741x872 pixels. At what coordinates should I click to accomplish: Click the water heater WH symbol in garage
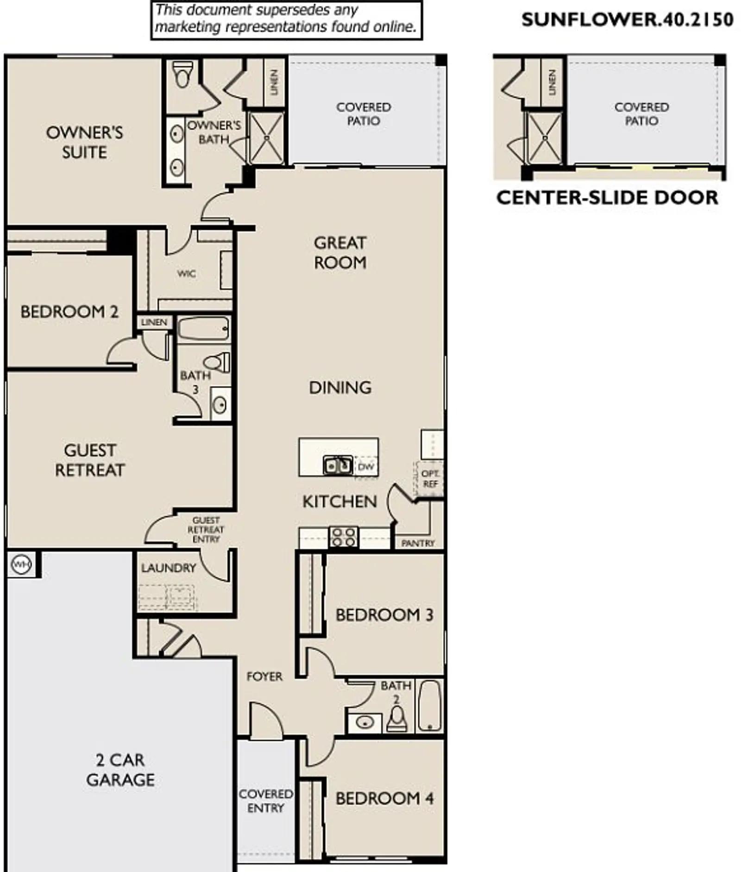pyautogui.click(x=20, y=565)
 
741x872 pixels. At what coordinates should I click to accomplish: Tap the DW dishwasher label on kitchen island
pyautogui.click(x=365, y=467)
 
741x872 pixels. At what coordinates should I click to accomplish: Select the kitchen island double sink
pyautogui.click(x=338, y=465)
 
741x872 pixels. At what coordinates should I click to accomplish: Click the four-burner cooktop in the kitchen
pyautogui.click(x=343, y=537)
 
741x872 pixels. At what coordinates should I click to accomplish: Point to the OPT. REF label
pyautogui.click(x=430, y=479)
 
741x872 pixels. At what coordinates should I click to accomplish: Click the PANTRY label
pyautogui.click(x=418, y=543)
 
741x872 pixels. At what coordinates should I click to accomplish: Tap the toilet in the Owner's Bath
pyautogui.click(x=183, y=74)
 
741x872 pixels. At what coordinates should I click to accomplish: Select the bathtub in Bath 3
pyautogui.click(x=203, y=329)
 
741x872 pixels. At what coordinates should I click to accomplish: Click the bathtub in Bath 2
pyautogui.click(x=430, y=705)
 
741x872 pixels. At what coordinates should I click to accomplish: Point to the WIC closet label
pyautogui.click(x=186, y=274)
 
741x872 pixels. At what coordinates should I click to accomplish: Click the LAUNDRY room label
pyautogui.click(x=169, y=568)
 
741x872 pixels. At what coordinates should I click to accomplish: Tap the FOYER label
pyautogui.click(x=264, y=677)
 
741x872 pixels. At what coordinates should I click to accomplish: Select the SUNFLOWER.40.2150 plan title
pyautogui.click(x=627, y=19)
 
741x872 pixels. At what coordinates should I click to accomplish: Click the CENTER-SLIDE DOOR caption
pyautogui.click(x=607, y=198)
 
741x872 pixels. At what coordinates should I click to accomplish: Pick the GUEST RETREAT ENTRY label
pyautogui.click(x=206, y=530)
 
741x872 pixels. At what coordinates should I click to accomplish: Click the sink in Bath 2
pyautogui.click(x=364, y=722)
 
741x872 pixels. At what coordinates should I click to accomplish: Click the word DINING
pyautogui.click(x=340, y=388)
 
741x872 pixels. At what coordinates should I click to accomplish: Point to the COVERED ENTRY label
pyautogui.click(x=266, y=801)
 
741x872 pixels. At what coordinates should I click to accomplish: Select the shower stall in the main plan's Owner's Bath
pyautogui.click(x=266, y=138)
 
